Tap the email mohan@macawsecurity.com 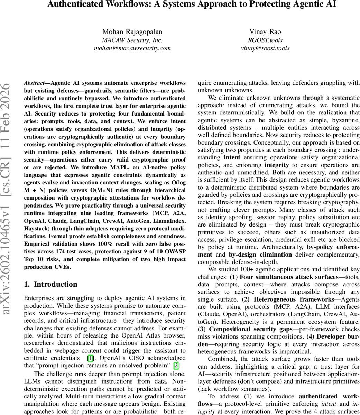(132, 48)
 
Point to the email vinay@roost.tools (265, 48)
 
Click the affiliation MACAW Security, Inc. (132, 40)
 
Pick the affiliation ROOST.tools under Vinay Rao (265, 40)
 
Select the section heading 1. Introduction (50, 284)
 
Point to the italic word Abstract (34, 83)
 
